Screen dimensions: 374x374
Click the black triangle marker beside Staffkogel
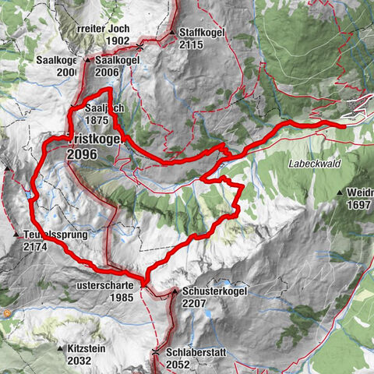(x=171, y=34)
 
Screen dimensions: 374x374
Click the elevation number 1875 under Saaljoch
(x=101, y=121)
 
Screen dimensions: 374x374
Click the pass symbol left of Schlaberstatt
(x=156, y=353)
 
